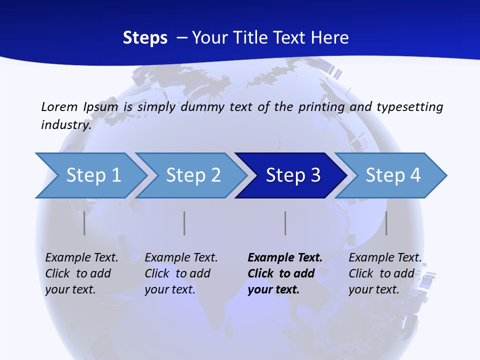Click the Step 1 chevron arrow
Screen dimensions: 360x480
pos(92,175)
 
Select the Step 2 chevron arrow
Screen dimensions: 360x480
pos(192,175)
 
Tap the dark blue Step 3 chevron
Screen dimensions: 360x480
pos(292,175)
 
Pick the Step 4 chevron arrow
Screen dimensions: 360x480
pos(392,175)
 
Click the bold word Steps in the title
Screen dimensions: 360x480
pos(145,38)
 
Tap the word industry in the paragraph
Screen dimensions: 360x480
pos(65,124)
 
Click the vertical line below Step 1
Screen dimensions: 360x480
pos(84,223)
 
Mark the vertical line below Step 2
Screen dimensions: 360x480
pos(184,223)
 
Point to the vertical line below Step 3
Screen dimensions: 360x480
pos(285,223)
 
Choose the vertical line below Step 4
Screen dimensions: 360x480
pos(386,223)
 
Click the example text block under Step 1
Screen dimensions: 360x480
pos(81,273)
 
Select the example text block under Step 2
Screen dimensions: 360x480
pos(181,273)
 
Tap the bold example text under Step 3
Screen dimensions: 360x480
pos(284,273)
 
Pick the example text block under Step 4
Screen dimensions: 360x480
pos(384,273)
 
